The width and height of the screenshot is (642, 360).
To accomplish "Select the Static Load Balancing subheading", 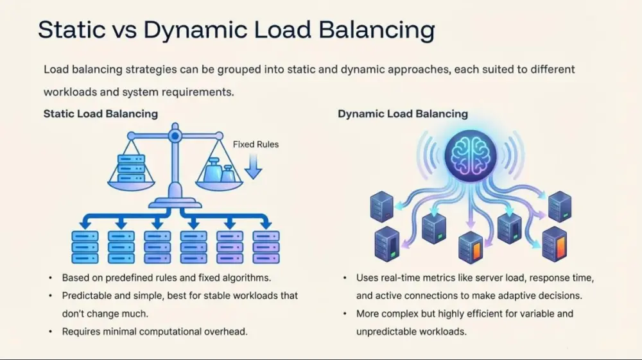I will pos(100,114).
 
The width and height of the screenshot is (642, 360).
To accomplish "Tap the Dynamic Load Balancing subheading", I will pos(403,114).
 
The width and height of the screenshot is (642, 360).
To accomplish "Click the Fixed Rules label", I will pos(256,144).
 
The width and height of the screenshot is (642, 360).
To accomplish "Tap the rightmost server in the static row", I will pos(266,246).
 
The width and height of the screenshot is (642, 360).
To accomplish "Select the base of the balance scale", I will pos(174,201).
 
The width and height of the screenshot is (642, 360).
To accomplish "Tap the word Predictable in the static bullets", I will pos(87,296).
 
